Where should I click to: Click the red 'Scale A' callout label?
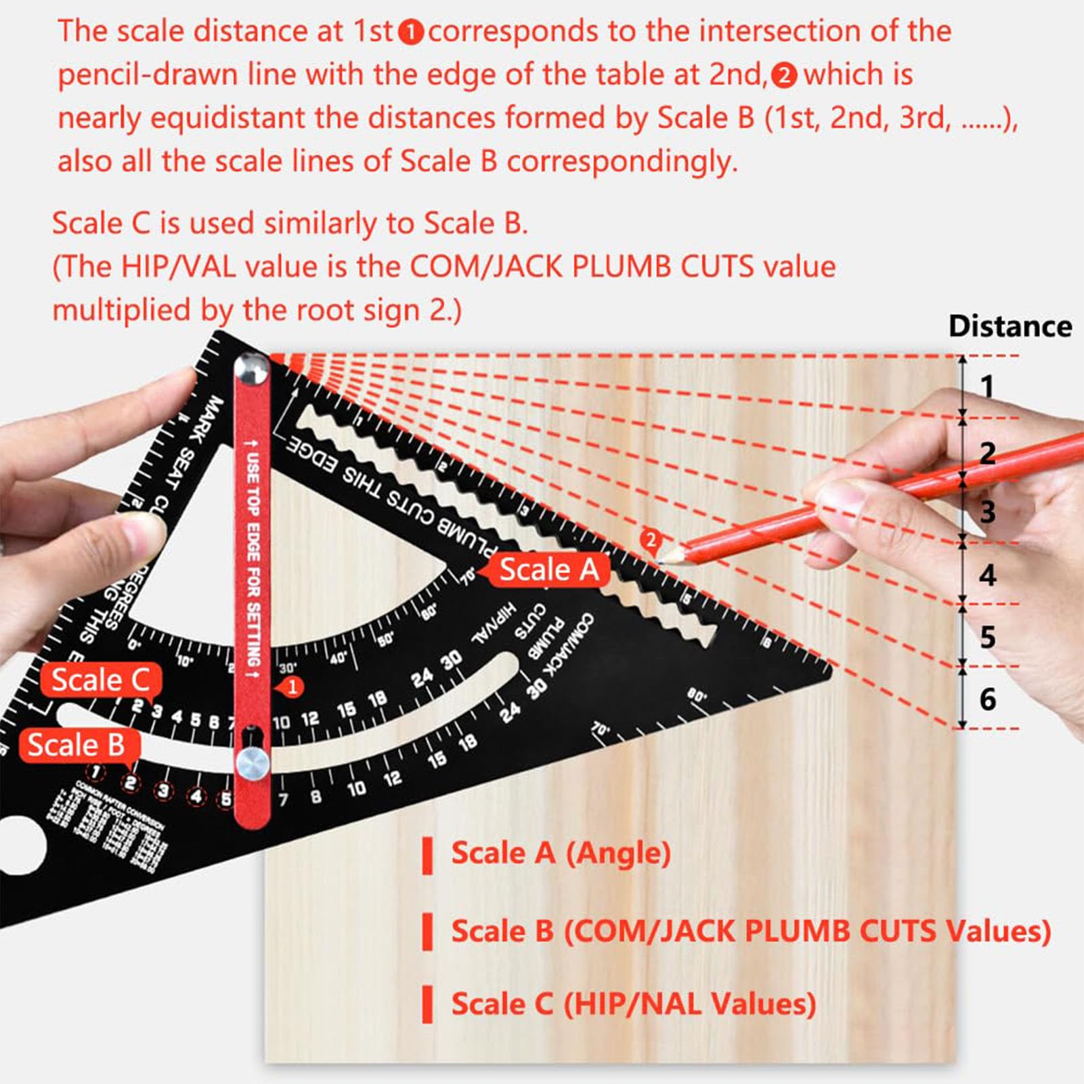(x=548, y=569)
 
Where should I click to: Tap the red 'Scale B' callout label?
(x=76, y=745)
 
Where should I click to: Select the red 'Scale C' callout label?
(x=100, y=680)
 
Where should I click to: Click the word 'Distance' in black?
(x=1010, y=326)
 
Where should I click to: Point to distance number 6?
(x=987, y=699)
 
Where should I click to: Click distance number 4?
(x=987, y=575)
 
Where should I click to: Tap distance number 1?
(x=987, y=387)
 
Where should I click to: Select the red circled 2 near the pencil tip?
(x=650, y=540)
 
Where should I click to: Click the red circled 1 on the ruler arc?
(x=292, y=687)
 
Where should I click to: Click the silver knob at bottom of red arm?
(x=253, y=764)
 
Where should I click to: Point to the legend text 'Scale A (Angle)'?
(x=561, y=852)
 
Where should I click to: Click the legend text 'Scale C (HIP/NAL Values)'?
(x=633, y=1003)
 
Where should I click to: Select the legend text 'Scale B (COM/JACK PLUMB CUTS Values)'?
(x=750, y=931)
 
